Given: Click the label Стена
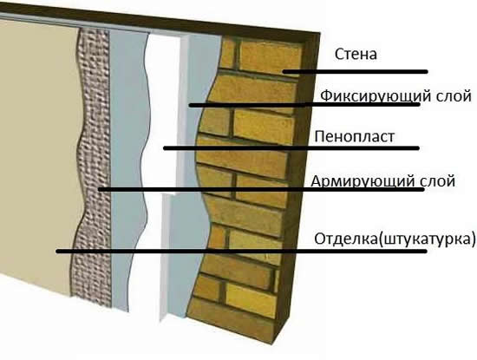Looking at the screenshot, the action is [356, 54].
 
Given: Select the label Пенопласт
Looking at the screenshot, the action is [355, 137].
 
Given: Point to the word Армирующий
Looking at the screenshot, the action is [363, 181].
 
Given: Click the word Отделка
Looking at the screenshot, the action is [345, 239].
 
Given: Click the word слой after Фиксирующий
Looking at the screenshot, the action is [454, 96].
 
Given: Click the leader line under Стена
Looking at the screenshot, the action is [355, 72].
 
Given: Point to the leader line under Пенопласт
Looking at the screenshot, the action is [291, 148].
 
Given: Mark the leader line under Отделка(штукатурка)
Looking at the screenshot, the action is [242, 252].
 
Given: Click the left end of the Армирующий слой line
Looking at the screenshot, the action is [100, 189].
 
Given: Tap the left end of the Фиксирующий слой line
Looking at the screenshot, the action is [191, 105].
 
